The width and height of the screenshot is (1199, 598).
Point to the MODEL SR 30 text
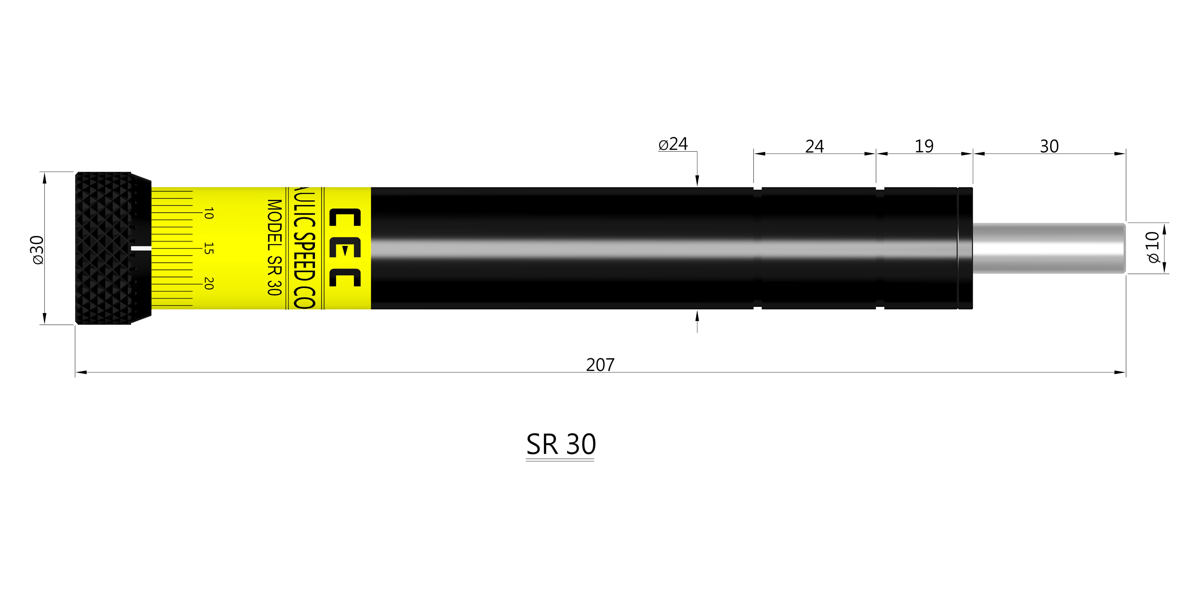275,247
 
